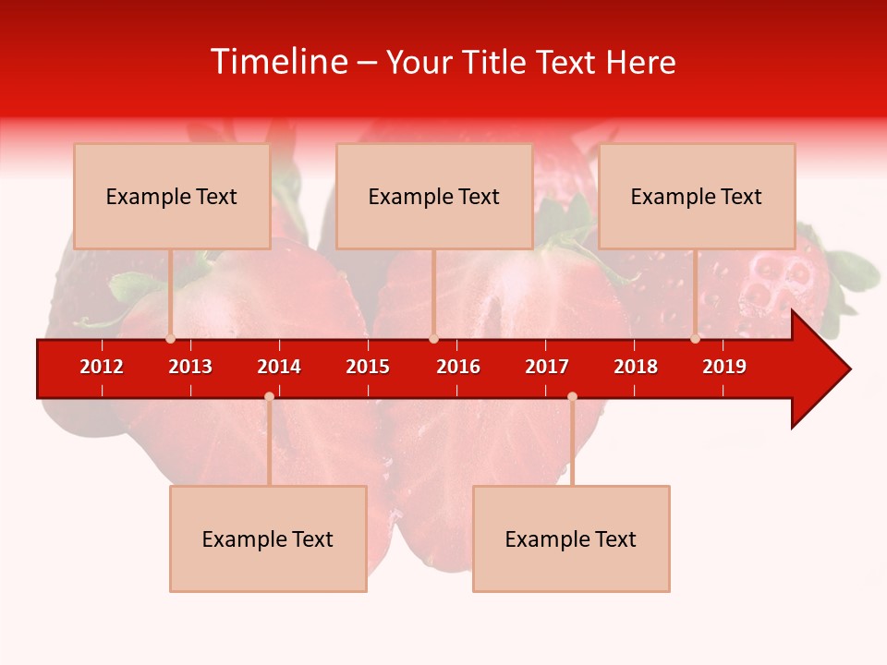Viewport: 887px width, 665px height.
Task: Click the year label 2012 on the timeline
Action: pyautogui.click(x=102, y=367)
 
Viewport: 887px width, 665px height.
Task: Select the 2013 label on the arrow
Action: pyautogui.click(x=190, y=367)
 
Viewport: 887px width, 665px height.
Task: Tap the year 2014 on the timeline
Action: pyautogui.click(x=279, y=367)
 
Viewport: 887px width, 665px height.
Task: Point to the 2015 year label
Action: pyautogui.click(x=368, y=367)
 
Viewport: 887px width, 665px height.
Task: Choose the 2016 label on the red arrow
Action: pyautogui.click(x=458, y=367)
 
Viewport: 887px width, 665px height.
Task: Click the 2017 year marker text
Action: pyautogui.click(x=547, y=367)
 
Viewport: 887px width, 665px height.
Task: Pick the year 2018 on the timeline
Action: pyautogui.click(x=636, y=367)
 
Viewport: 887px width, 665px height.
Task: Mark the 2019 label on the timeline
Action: pyautogui.click(x=724, y=367)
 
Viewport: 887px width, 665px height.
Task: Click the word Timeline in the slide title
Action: pyautogui.click(x=279, y=62)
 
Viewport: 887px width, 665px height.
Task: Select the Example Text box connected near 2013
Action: pyautogui.click(x=172, y=196)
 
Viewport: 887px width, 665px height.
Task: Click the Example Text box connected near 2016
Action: pyautogui.click(x=434, y=196)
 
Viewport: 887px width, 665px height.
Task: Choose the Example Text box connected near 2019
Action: pyautogui.click(x=697, y=196)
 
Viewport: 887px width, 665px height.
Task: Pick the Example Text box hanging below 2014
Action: pyautogui.click(x=268, y=538)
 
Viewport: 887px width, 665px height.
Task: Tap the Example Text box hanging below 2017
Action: pyautogui.click(x=571, y=538)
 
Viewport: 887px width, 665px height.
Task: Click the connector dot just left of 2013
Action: pyautogui.click(x=170, y=339)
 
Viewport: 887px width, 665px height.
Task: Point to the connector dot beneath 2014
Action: pyautogui.click(x=269, y=396)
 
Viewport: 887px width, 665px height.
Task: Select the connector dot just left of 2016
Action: pyautogui.click(x=433, y=339)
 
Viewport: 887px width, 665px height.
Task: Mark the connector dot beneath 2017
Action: pyautogui.click(x=572, y=396)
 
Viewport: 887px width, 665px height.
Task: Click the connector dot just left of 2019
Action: pyautogui.click(x=695, y=339)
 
